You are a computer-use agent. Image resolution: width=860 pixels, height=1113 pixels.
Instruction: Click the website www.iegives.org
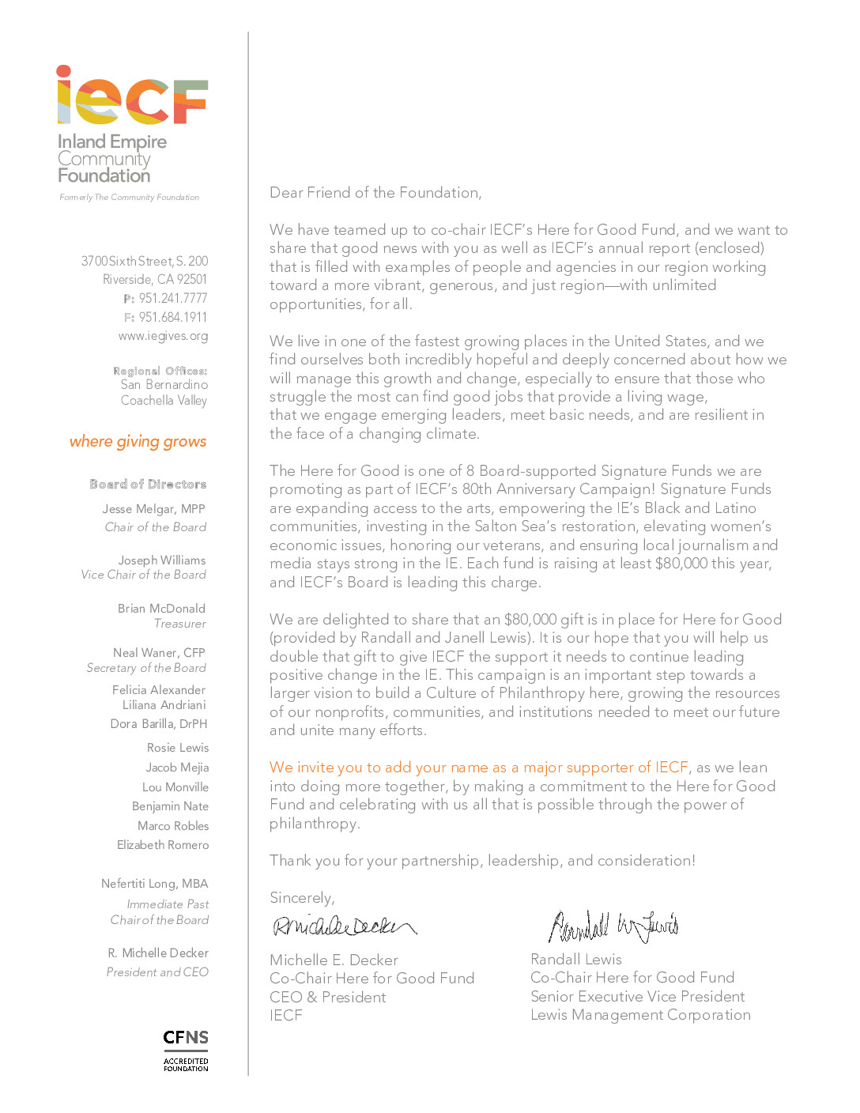(163, 336)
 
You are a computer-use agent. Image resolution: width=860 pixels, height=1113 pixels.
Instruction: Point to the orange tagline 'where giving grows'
(138, 441)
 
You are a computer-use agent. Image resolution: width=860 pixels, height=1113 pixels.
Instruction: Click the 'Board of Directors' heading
(148, 484)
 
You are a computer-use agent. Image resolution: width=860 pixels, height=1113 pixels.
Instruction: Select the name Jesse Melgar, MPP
(153, 509)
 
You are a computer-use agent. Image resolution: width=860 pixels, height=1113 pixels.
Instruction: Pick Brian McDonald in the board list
(161, 609)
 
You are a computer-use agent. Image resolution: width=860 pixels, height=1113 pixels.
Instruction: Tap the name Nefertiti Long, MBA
(154, 884)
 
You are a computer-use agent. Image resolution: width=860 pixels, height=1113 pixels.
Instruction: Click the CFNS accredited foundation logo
(186, 1050)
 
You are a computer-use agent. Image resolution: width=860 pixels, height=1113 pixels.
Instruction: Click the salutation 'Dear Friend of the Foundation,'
(375, 193)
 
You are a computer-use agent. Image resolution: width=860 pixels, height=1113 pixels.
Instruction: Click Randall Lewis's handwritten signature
(613, 926)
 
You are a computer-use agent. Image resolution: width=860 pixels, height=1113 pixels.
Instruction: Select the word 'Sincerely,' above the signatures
(302, 898)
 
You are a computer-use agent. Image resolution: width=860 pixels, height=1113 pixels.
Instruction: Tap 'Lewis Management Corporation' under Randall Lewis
(640, 1015)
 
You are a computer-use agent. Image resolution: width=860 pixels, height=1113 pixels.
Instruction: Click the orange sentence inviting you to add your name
(479, 768)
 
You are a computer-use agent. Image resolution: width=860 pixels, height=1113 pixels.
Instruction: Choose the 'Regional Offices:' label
(160, 371)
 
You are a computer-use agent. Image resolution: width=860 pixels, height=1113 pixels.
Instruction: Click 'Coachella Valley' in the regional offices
(164, 401)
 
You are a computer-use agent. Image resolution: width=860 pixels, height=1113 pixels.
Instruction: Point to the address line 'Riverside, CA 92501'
(155, 279)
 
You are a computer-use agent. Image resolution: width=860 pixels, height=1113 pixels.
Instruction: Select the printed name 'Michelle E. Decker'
(334, 960)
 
